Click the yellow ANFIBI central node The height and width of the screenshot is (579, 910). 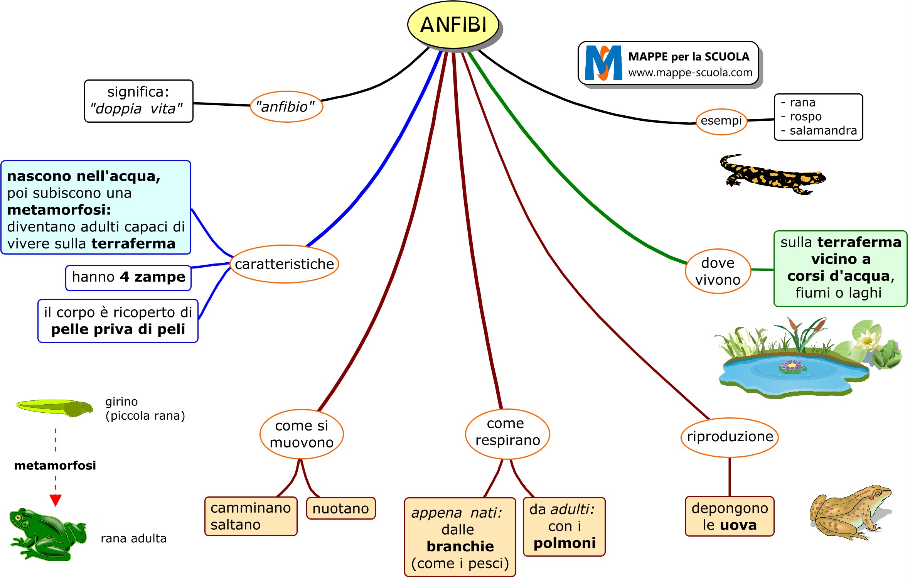[453, 25]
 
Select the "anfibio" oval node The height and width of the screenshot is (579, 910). [286, 107]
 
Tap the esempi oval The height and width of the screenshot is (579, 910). [721, 121]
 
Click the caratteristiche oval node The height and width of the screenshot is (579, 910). [284, 264]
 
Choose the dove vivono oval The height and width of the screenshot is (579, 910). [718, 271]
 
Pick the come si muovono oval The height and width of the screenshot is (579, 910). [302, 434]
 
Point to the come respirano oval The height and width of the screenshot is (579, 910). [507, 432]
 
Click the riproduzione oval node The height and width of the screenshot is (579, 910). [730, 437]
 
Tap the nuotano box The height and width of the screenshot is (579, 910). [340, 508]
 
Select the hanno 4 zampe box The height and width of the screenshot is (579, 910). [128, 277]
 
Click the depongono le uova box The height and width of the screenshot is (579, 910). [730, 517]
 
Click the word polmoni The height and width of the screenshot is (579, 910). [565, 543]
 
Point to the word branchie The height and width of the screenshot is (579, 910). [460, 546]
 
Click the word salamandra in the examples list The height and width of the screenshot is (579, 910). [823, 131]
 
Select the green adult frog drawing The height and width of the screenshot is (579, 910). [46, 534]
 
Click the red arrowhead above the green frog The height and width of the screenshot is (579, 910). [56, 500]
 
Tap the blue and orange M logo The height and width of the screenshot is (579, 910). [603, 63]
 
